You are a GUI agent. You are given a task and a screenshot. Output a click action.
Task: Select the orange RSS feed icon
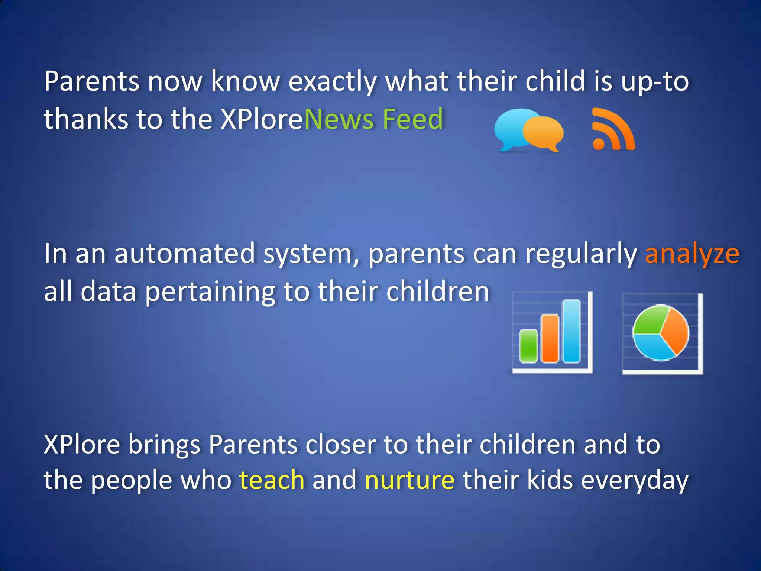tap(613, 130)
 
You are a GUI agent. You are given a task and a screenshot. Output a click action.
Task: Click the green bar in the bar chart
tap(528, 346)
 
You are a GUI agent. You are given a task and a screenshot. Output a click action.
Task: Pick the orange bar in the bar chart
tap(550, 338)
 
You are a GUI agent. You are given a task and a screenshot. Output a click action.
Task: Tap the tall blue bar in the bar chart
tap(571, 331)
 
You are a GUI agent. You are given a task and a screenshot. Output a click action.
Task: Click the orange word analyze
tap(692, 254)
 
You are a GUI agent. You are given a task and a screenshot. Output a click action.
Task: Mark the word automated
tap(184, 254)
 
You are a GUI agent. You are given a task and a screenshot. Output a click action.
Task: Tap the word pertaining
tap(210, 292)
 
